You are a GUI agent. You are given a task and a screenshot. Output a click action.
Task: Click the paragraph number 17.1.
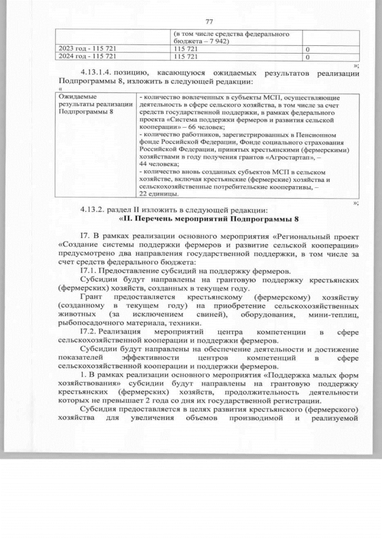(x=87, y=270)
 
